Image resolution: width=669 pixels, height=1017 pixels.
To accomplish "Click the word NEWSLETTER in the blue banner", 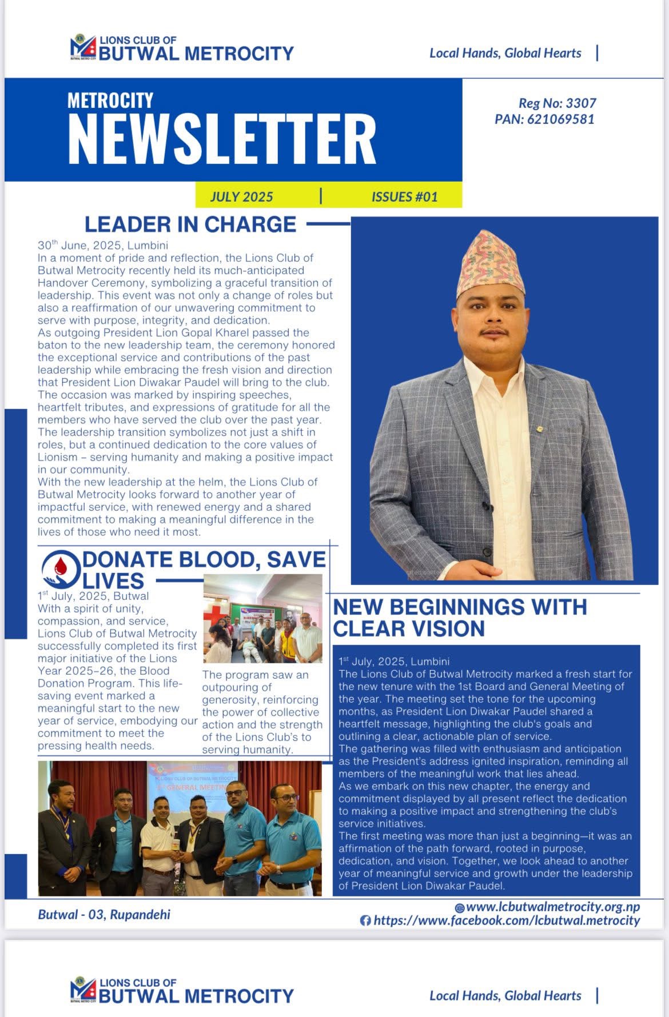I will point(222,139).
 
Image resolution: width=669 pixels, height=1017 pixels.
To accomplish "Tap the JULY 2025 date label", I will point(241,197).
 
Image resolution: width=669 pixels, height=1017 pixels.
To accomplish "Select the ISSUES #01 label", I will point(404,197).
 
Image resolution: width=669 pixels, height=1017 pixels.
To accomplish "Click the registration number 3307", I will point(581,103).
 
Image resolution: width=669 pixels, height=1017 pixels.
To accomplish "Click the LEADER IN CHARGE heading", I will point(190,225).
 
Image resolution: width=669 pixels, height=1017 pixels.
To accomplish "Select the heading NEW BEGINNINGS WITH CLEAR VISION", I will point(460,618).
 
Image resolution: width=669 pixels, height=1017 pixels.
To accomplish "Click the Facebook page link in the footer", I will point(507,920).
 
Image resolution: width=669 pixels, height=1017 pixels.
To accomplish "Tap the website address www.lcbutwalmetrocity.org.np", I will point(552,907).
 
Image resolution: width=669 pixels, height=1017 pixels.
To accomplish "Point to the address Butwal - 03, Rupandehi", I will point(104,914).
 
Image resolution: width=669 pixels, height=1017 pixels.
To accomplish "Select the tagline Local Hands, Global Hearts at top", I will point(505,53).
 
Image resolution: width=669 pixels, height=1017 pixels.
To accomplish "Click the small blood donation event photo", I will point(262,618).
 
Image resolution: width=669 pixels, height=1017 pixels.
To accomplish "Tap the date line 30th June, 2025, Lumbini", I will point(103,246).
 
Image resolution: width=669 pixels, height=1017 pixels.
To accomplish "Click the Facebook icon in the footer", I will point(365,920).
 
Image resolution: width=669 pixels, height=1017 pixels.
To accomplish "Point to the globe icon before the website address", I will point(459,907).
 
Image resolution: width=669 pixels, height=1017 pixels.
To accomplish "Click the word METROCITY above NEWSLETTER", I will point(110,101).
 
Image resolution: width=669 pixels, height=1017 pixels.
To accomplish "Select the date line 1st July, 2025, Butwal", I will point(93,596).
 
